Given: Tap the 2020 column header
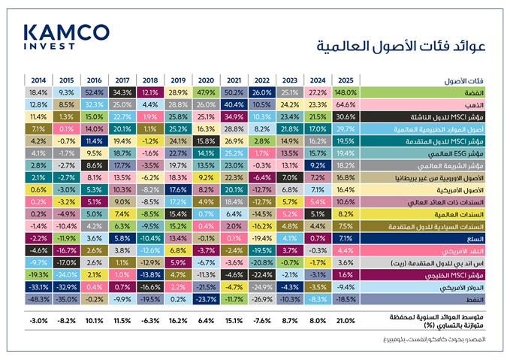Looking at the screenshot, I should coord(206,80).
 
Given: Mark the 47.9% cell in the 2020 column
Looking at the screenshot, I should coord(206,92).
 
